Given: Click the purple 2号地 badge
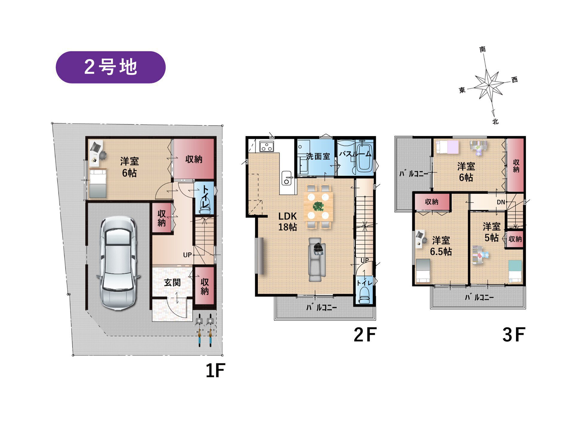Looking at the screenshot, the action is pyautogui.click(x=111, y=67).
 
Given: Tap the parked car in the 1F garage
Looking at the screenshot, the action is pyautogui.click(x=119, y=263).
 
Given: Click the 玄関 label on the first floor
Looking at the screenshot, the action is pyautogui.click(x=172, y=282).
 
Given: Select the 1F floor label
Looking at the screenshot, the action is pyautogui.click(x=215, y=371).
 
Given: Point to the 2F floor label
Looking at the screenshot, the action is pyautogui.click(x=364, y=335).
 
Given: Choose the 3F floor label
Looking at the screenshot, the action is pyautogui.click(x=514, y=335).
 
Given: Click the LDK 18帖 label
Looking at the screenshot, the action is pyautogui.click(x=287, y=222).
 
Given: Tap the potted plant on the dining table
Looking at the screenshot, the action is pyautogui.click(x=318, y=206).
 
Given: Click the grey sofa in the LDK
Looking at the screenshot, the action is pyautogui.click(x=317, y=260).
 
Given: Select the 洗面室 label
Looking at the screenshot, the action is pyautogui.click(x=318, y=156).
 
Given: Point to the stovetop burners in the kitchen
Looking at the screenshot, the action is pyautogui.click(x=267, y=147).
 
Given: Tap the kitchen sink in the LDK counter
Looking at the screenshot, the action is pyautogui.click(x=287, y=178).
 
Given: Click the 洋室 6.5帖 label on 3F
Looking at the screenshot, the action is pyautogui.click(x=441, y=246).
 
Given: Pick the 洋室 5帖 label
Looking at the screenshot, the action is pyautogui.click(x=491, y=232).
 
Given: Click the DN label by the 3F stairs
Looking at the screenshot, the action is pyautogui.click(x=501, y=202).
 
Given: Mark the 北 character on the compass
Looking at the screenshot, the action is pyautogui.click(x=495, y=121).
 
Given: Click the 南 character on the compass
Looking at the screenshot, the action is pyautogui.click(x=482, y=49).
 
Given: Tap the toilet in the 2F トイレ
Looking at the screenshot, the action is pyautogui.click(x=364, y=295).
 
